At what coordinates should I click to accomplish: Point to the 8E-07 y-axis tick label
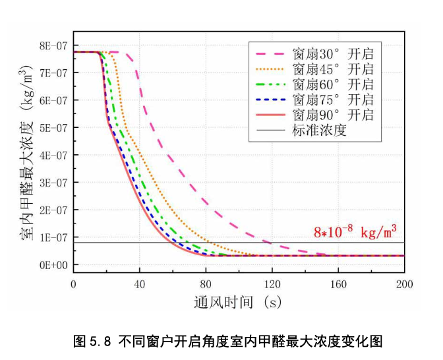pos(53,45)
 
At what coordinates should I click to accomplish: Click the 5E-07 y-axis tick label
pos(53,128)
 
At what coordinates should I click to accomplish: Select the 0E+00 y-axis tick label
pos(53,265)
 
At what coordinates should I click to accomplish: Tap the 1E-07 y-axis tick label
pos(53,237)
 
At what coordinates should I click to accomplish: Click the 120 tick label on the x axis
pos(272,284)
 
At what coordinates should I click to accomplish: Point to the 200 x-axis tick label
pos(405,284)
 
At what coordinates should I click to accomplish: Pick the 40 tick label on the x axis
pos(140,284)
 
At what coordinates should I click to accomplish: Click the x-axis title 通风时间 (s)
pos(238,302)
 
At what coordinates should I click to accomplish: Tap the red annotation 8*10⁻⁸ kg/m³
pos(355,232)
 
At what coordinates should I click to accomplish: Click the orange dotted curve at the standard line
pos(210,243)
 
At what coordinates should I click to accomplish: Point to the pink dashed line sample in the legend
pos(270,54)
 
